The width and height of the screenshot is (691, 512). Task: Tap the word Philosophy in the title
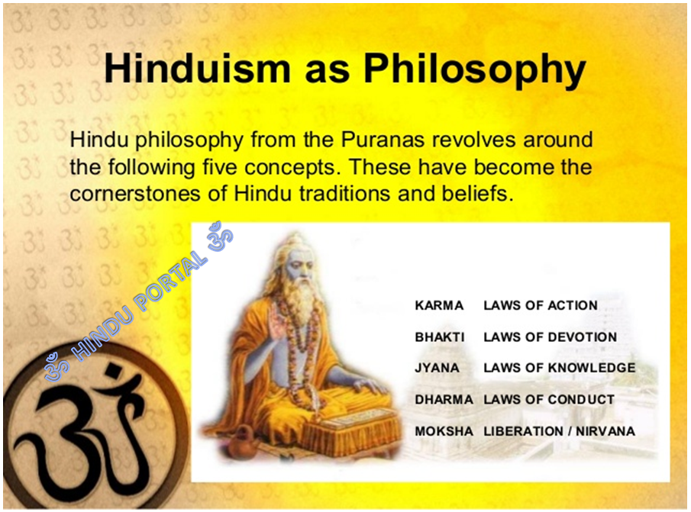coord(474,69)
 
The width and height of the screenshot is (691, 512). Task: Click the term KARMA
coord(439,305)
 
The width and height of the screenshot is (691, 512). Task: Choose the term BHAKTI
coord(440,337)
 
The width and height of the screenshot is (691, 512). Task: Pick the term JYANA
coord(438,368)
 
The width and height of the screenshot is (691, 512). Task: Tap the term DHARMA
coord(444,399)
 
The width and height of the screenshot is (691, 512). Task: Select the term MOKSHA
coord(444,431)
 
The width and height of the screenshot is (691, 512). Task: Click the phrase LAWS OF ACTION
coord(540,305)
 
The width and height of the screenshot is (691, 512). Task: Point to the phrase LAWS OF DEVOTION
coord(550,337)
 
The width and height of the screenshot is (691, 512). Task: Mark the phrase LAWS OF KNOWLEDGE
coord(559,368)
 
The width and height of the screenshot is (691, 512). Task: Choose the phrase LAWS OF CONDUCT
coord(548,399)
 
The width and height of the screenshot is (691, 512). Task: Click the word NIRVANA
coord(605,431)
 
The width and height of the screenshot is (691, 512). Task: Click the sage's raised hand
coord(276,320)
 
